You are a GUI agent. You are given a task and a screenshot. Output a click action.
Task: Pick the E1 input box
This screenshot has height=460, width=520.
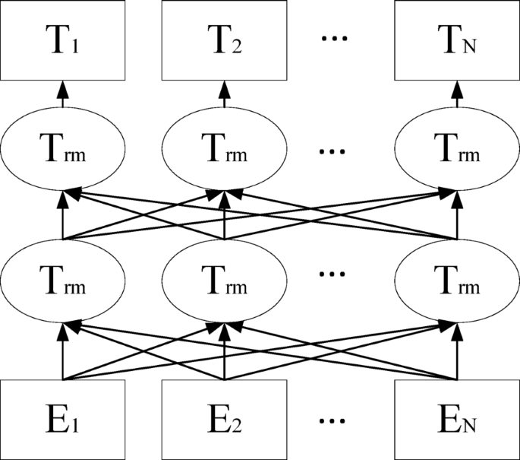point(63,419)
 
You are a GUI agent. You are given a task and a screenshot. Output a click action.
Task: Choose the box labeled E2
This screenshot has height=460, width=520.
point(225,419)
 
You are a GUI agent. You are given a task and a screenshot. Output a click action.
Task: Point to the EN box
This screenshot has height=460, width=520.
point(456,419)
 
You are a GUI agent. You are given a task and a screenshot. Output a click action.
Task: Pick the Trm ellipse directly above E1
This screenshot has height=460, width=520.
point(63,284)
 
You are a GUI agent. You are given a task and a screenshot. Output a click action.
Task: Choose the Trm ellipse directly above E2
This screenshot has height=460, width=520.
point(225,284)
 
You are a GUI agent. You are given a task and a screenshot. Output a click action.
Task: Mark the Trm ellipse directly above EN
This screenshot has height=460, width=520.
point(456,284)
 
